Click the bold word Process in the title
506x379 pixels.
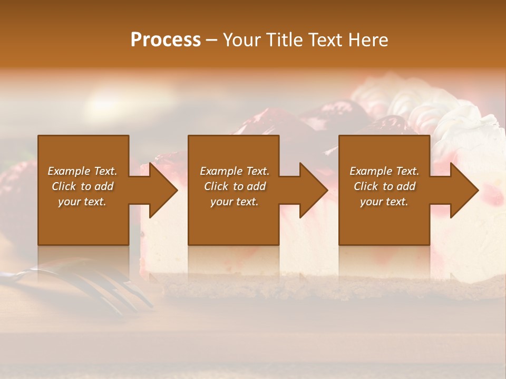tap(166, 40)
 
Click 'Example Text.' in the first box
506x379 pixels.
tap(83, 171)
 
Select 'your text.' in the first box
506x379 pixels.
tap(82, 202)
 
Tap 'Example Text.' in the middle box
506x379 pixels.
tap(235, 171)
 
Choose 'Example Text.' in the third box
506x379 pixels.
tap(384, 171)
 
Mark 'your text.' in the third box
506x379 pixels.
tap(384, 202)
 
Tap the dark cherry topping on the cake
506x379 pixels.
tap(327, 113)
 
